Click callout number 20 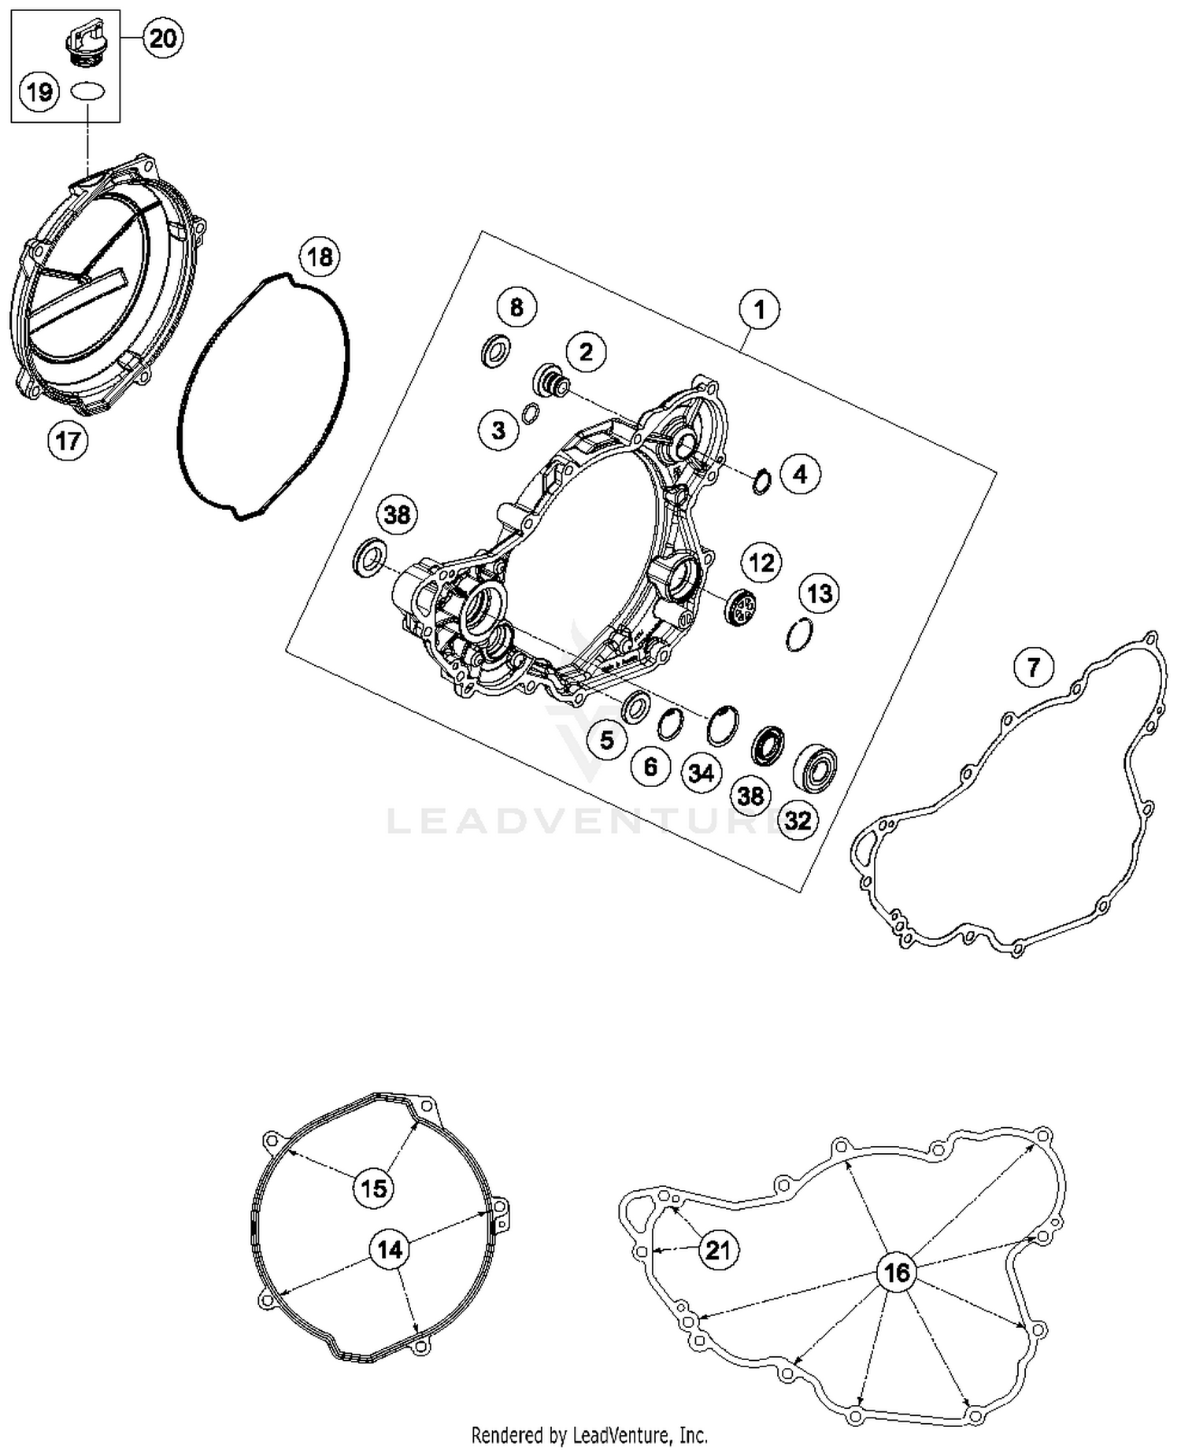162,38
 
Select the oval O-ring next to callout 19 87,91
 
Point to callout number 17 68,440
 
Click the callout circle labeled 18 320,257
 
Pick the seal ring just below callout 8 495,350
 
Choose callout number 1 759,309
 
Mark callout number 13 820,593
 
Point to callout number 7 1033,668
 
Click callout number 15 373,1187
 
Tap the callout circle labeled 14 390,1249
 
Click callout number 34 701,774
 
